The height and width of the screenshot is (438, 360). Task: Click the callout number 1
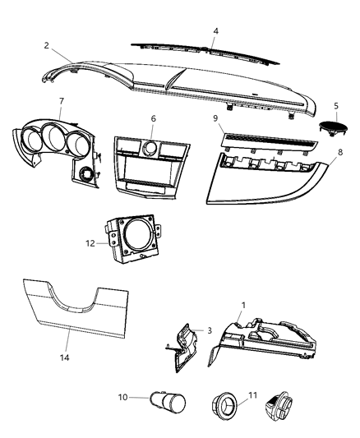(242, 305)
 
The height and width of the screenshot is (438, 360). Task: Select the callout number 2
(46, 45)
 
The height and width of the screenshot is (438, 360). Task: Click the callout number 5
(336, 106)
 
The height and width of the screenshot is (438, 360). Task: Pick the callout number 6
(153, 119)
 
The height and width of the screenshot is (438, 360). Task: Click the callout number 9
(216, 120)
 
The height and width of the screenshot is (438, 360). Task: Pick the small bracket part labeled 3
(187, 347)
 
